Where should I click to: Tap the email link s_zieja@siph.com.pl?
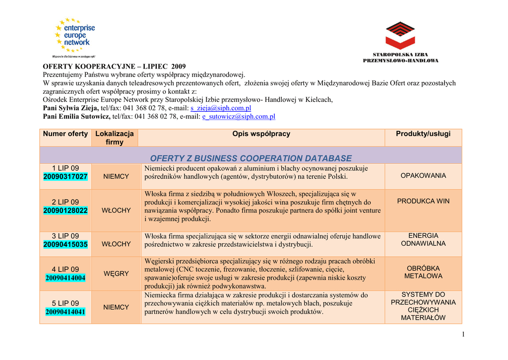coord(221,108)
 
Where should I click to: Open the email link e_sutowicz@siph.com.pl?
coord(239,117)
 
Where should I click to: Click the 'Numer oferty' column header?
coord(65,134)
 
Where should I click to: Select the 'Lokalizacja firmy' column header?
coord(115,138)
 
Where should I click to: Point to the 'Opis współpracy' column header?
coord(261,134)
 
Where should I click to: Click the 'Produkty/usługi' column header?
coord(423,134)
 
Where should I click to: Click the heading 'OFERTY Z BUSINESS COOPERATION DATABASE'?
coord(251,158)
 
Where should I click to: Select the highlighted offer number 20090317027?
coord(65,177)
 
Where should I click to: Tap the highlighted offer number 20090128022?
coord(65,211)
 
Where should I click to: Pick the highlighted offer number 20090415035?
coord(65,244)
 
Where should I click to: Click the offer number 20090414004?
coord(65,278)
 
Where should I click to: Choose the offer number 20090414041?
coord(65,312)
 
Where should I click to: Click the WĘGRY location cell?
coord(116,274)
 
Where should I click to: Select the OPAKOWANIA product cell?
coord(423,176)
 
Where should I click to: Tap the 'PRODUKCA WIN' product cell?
coord(423,201)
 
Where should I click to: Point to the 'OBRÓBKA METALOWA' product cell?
coord(423,272)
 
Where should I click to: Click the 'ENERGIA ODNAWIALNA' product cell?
coord(423,240)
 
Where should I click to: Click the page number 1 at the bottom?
coord(463,334)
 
